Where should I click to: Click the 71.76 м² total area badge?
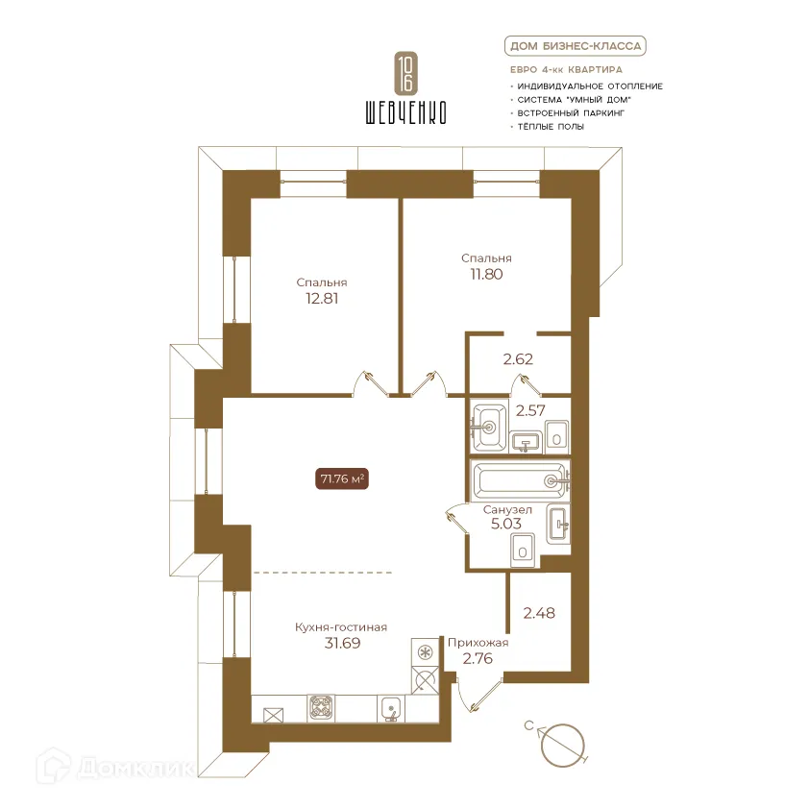(341, 478)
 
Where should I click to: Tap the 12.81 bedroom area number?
(322, 298)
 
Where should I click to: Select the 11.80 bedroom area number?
(486, 274)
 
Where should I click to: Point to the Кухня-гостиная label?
(341, 627)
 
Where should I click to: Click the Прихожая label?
(478, 643)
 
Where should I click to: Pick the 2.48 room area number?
(539, 613)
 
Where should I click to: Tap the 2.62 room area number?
(518, 359)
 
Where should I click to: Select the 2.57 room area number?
(530, 410)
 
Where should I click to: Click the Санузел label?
(507, 510)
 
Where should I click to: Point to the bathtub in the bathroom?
(520, 480)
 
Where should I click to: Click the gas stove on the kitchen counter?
(321, 708)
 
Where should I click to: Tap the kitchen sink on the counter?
(391, 708)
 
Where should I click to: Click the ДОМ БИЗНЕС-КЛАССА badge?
(576, 46)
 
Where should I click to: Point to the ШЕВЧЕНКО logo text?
(406, 112)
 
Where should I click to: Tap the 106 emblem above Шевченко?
(406, 72)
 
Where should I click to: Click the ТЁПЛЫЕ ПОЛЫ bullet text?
(551, 127)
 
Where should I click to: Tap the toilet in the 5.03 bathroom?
(523, 550)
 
